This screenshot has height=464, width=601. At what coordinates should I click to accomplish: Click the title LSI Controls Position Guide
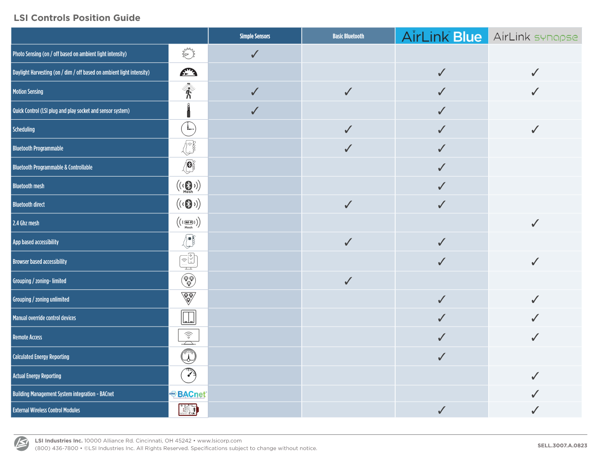coord(77,18)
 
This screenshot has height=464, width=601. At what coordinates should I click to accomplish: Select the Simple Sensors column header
coord(255,36)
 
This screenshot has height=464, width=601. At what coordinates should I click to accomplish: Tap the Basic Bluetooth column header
coord(348,36)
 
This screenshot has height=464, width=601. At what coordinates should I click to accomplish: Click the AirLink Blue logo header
coord(442,36)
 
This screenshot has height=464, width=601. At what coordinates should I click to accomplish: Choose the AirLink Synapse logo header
coord(535,36)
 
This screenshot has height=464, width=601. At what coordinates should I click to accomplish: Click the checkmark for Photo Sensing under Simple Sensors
coord(255,54)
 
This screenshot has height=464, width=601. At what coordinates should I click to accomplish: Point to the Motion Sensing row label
coord(28,91)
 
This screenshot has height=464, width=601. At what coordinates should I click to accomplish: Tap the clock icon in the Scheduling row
coord(188,129)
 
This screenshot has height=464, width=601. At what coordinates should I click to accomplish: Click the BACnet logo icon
coord(188,394)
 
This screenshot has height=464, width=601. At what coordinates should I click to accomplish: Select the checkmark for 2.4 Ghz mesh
coord(535,223)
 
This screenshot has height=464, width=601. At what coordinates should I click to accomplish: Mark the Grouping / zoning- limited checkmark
coord(348,281)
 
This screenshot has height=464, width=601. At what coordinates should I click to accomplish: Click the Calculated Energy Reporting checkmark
coord(442,357)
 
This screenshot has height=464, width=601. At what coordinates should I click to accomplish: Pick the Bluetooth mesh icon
coord(188,186)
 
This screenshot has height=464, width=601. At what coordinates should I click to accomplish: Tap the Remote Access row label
coord(27,337)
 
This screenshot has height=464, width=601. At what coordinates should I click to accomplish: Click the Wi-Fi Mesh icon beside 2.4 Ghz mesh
coord(188,223)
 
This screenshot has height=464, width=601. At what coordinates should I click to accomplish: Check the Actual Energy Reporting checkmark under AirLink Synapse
coord(535,376)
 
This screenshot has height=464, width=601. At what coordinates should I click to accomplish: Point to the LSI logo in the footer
coord(21,444)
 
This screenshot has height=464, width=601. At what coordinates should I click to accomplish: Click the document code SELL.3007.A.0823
coord(562,445)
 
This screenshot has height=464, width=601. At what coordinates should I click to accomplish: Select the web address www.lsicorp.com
coord(219,440)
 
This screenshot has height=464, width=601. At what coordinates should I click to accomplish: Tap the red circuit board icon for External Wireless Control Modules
coord(188,410)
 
